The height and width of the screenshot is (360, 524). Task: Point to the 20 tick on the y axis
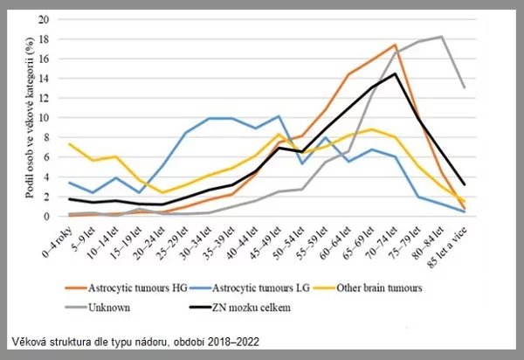[54, 18]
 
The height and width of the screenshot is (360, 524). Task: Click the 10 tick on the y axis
[54, 117]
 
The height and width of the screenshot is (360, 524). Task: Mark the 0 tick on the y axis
[57, 216]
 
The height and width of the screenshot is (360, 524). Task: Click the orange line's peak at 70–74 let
[395, 45]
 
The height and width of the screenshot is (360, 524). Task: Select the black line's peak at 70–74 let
[395, 73]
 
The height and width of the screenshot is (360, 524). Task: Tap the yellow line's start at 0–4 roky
[70, 144]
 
